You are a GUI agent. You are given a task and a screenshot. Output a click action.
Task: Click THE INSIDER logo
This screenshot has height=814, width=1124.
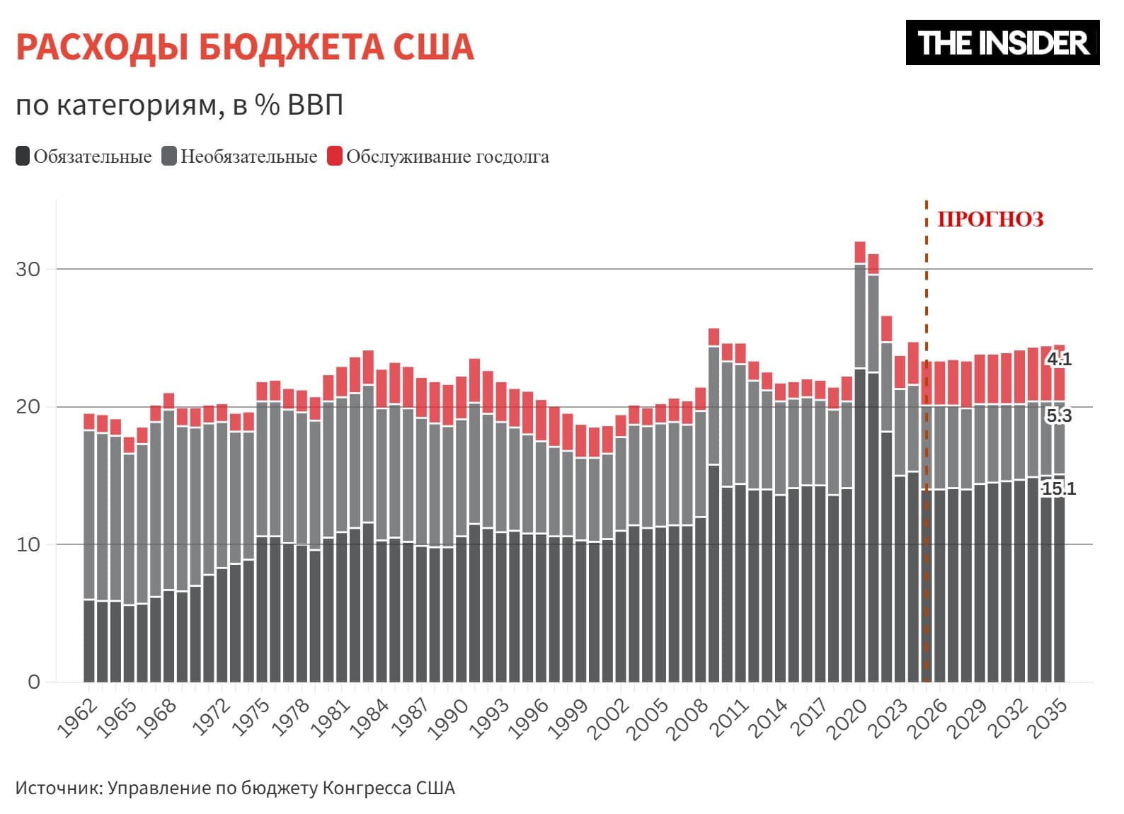(1002, 42)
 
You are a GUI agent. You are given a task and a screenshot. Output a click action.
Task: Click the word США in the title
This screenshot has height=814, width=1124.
(432, 47)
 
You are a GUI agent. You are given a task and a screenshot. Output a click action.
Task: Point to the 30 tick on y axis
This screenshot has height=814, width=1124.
(28, 269)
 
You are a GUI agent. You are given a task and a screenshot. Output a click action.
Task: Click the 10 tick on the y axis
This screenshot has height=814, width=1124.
(28, 544)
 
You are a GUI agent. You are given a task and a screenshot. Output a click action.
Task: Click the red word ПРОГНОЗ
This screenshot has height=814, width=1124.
(990, 219)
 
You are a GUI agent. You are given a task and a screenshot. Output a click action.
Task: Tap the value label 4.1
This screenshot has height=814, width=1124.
(1059, 359)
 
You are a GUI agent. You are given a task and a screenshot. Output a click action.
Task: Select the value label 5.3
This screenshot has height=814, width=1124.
(1059, 415)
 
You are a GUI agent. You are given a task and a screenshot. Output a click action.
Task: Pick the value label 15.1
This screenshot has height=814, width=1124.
(1058, 488)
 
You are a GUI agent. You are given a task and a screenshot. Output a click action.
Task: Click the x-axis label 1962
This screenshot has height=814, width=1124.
(77, 718)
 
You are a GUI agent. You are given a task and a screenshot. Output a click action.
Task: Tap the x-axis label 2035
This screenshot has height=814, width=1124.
(1048, 718)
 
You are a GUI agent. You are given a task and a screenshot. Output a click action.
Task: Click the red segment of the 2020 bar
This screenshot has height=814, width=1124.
(860, 252)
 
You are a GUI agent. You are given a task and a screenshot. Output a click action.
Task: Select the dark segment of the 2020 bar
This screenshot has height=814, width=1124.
(860, 524)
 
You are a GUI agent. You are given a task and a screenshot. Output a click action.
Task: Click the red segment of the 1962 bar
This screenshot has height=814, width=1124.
(89, 421)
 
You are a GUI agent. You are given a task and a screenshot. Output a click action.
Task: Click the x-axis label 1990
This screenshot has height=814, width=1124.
(449, 718)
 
